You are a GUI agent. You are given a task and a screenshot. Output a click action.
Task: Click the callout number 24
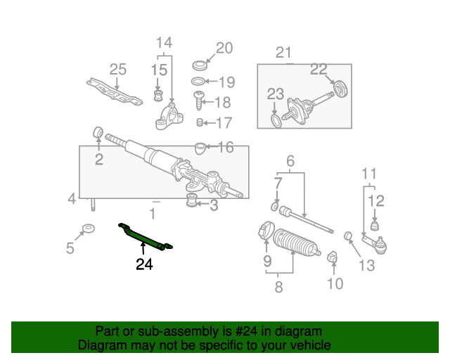[144, 264]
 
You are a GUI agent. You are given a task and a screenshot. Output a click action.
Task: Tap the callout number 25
[117, 69]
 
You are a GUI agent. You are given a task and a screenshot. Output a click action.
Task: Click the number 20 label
[224, 48]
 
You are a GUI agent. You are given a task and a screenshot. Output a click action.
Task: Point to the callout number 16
[225, 147]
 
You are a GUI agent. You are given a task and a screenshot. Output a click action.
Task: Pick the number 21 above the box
[283, 52]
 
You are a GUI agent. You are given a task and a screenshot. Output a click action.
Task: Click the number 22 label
[319, 69]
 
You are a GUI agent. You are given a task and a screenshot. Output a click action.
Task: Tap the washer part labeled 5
[89, 229]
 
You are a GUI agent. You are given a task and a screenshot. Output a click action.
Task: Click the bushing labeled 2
[99, 132]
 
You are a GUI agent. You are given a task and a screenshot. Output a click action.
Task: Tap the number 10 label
[335, 283]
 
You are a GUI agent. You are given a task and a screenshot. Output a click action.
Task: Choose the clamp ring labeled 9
[266, 230]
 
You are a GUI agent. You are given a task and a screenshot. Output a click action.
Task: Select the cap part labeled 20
[200, 65]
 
